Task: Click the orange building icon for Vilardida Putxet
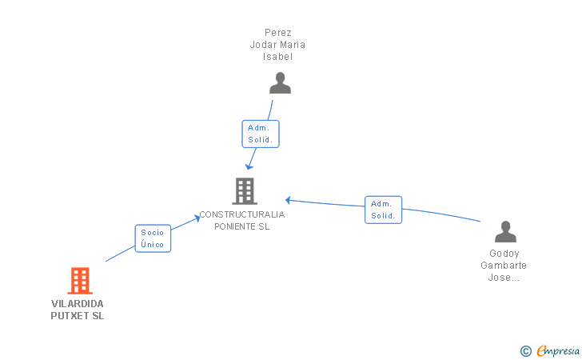[79, 281]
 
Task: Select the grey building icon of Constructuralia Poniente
[244, 191]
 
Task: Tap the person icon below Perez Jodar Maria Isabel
[280, 83]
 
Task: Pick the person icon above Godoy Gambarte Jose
[505, 232]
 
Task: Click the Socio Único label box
[153, 238]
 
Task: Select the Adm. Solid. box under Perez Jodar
[261, 134]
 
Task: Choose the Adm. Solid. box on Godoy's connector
[383, 210]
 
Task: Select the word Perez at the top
[277, 33]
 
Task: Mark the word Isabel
[277, 57]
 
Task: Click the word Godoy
[504, 254]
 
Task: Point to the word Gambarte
[504, 266]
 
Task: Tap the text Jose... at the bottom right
[504, 278]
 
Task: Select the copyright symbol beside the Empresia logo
[525, 350]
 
